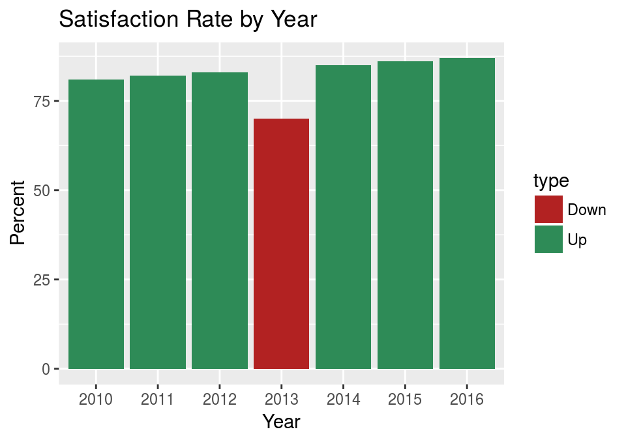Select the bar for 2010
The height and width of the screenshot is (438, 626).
pos(96,224)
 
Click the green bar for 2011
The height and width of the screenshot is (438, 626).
pos(158,222)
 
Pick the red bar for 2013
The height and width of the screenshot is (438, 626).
pos(281,244)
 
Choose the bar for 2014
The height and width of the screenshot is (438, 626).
pos(343,217)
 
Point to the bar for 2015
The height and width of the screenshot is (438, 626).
pos(405,215)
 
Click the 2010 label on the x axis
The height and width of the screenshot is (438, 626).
pos(96,399)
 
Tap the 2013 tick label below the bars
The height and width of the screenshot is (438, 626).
pos(281,399)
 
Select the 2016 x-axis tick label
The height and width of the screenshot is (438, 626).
pos(467,399)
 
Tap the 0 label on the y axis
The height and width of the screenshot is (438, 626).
pos(46,369)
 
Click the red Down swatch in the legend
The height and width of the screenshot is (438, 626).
pos(548,209)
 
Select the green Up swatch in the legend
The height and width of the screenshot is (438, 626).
pos(548,239)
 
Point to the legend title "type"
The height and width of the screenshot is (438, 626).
pos(551,181)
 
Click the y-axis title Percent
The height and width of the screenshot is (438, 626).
pos(18,212)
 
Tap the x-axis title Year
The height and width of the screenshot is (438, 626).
pos(281,421)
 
